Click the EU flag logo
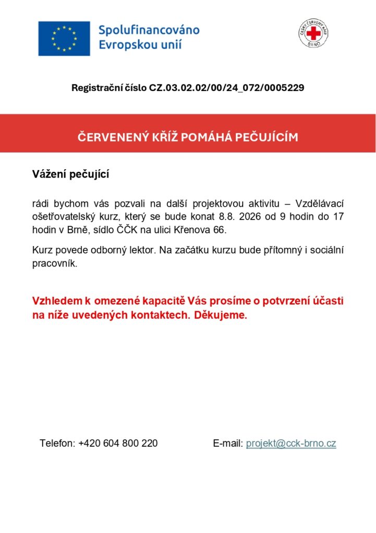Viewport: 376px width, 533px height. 64,39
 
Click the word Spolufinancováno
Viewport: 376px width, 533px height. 149,30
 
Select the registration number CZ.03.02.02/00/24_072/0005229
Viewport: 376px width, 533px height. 227,88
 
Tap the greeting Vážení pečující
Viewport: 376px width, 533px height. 70,174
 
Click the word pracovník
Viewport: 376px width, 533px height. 54,264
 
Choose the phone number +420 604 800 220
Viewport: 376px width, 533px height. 118,443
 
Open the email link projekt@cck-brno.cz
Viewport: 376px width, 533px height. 291,443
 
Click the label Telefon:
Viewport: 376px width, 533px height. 57,443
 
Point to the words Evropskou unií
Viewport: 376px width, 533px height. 140,45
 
